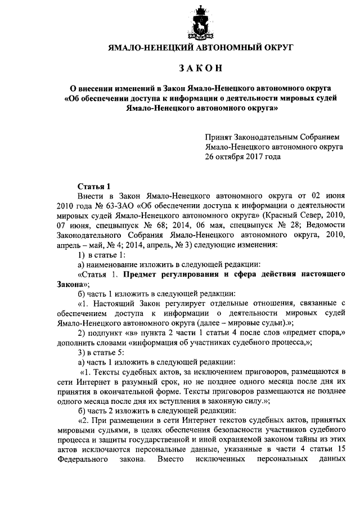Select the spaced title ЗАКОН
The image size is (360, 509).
(200, 69)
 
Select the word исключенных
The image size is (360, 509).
(219, 461)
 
